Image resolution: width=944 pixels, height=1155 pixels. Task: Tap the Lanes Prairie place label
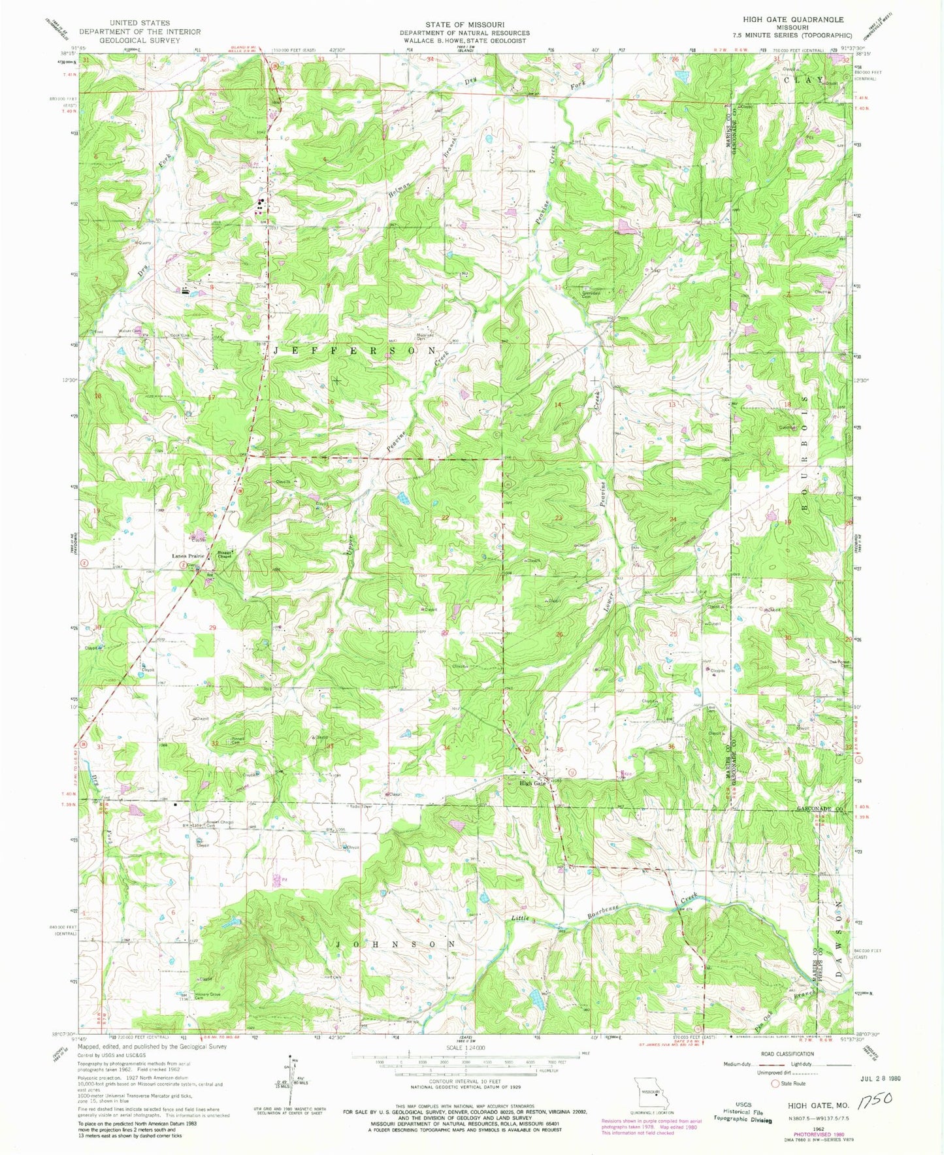coord(188,556)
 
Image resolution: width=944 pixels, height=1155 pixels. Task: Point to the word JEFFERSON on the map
coord(353,351)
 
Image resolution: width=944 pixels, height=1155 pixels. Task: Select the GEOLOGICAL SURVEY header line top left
coord(140,41)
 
